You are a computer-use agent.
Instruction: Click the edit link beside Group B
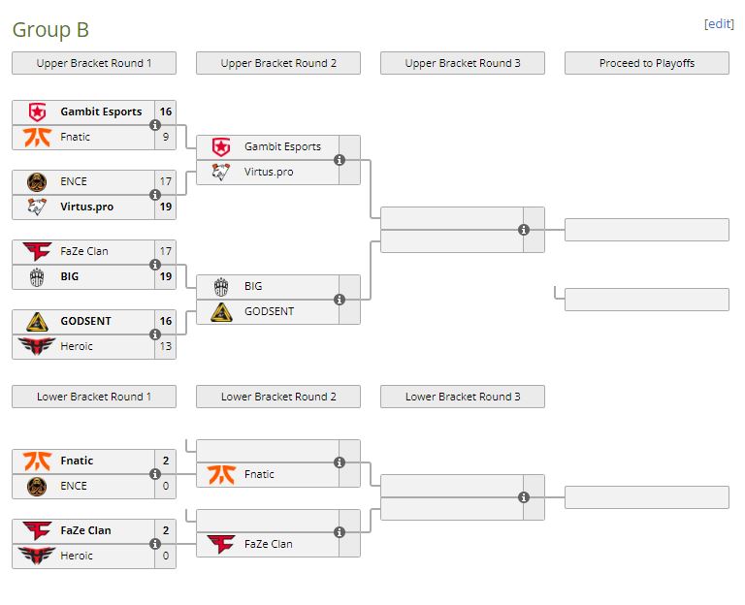718,24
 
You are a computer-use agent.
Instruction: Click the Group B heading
50,30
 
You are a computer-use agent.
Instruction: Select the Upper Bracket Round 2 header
278,63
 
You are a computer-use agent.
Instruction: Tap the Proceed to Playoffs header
647,63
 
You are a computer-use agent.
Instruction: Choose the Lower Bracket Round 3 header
463,397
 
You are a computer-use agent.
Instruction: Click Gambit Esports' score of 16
165,111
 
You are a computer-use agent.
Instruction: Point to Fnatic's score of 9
165,137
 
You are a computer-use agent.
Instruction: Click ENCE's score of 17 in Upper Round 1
165,181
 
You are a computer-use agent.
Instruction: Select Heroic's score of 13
165,346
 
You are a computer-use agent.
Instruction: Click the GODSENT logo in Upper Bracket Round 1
38,321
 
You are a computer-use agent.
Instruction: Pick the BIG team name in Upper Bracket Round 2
253,286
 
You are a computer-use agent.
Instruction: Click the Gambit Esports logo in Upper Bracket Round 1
38,111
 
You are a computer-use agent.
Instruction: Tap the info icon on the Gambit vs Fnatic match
155,125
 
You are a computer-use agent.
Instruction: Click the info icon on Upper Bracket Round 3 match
524,230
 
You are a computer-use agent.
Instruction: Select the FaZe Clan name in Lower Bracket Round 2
269,544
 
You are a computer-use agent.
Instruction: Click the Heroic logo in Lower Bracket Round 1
38,556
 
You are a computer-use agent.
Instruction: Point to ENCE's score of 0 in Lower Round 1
165,486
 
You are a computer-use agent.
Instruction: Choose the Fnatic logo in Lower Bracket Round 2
222,474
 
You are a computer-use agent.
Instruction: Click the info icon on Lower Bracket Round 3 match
524,497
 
